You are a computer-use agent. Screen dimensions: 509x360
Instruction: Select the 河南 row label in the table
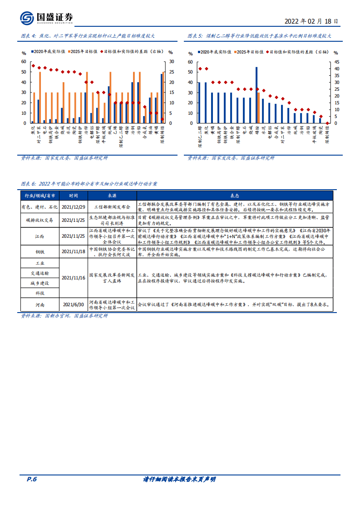(x=40, y=304)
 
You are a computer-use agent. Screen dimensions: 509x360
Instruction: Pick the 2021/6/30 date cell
(x=73, y=304)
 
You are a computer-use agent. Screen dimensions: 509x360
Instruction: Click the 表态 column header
(x=234, y=196)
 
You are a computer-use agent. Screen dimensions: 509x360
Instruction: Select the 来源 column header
(x=112, y=196)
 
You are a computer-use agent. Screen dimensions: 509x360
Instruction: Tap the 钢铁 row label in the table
(x=40, y=251)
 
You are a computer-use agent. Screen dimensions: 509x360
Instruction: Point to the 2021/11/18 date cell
(x=73, y=251)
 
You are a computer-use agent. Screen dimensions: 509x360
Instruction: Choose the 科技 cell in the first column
(x=40, y=293)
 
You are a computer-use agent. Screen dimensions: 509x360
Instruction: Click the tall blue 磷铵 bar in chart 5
(x=256, y=95)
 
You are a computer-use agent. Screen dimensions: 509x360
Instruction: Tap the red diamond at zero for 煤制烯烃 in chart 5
(x=327, y=123)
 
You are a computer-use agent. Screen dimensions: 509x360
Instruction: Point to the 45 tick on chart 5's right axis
(x=336, y=62)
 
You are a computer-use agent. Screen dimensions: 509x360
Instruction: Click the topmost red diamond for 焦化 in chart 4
(x=33, y=66)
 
